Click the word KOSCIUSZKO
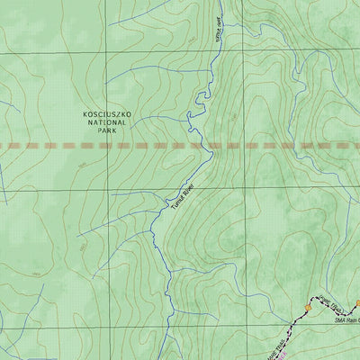[x=107, y=116]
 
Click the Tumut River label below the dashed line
[x=183, y=198]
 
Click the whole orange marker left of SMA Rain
[x=308, y=307]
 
